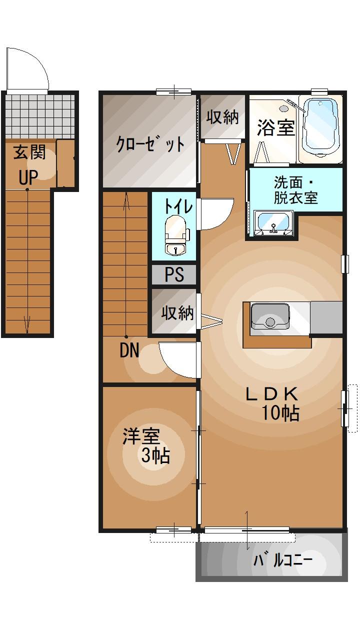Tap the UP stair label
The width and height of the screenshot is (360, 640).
click(x=28, y=176)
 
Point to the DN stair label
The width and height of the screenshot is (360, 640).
click(x=129, y=351)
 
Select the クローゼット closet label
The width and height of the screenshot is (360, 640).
click(x=150, y=144)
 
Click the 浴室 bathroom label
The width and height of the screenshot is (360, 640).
click(x=275, y=127)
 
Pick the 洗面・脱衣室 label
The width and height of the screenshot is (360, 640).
click(x=295, y=189)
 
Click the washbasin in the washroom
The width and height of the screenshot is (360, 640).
click(x=273, y=223)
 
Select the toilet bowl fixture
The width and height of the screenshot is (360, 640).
click(x=175, y=233)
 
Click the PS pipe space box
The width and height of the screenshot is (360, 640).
click(x=174, y=274)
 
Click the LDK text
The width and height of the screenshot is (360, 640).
click(x=271, y=394)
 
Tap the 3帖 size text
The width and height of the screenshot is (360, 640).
click(x=155, y=455)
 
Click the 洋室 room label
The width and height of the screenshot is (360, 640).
click(x=141, y=436)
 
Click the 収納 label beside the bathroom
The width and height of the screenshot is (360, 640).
click(x=222, y=117)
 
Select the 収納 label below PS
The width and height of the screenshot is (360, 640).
click(x=177, y=313)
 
